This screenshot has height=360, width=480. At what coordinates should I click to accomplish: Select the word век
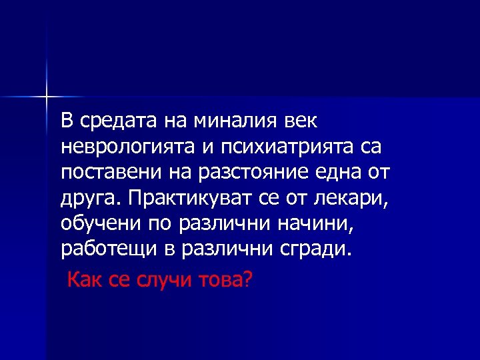(301, 121)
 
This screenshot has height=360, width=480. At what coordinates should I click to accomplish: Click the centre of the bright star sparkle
(47, 97)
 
